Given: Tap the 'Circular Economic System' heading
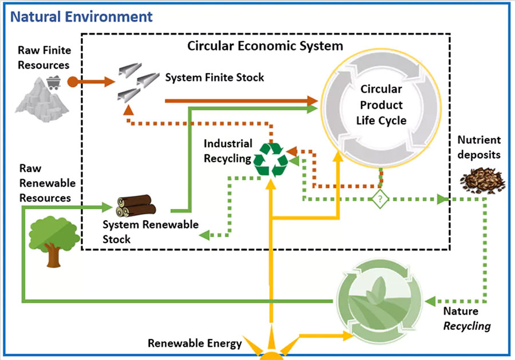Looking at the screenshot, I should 266,46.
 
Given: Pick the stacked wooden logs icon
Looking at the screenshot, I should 134,204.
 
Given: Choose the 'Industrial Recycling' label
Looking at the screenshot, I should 228,151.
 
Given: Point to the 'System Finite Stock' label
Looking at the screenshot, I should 215,77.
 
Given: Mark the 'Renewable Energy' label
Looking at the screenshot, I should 195,344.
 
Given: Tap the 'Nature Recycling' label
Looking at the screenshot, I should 467,319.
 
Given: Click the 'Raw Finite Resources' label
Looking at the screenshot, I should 43,57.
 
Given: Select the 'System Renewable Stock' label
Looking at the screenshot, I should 150,231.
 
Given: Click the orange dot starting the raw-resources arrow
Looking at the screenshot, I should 72,81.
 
